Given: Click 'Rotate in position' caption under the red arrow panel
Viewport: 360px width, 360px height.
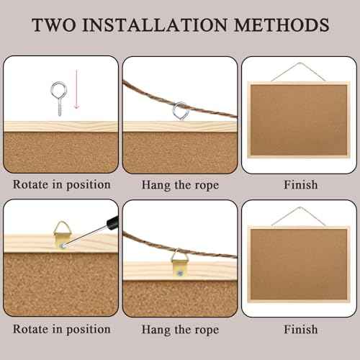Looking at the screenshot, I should point(61,185).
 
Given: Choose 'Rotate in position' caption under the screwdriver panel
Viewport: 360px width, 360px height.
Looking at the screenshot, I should point(61,329).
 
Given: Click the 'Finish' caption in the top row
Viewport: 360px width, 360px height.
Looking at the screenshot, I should point(300,185).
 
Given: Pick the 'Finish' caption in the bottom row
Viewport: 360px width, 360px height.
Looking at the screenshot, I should point(300,329).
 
